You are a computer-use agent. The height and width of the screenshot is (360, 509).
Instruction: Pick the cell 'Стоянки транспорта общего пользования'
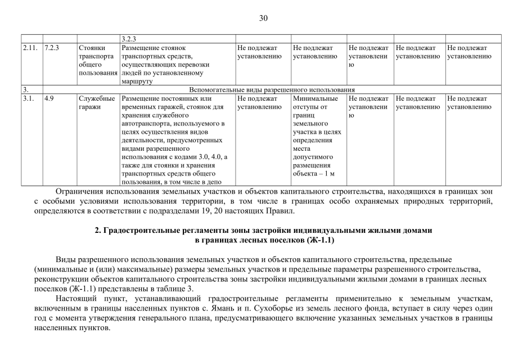coord(98,61)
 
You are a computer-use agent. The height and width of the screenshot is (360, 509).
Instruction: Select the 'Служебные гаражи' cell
coord(98,102)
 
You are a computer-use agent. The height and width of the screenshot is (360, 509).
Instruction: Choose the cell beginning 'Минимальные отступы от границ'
coord(318,136)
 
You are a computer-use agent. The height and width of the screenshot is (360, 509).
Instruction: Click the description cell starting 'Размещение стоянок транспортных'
coord(177,64)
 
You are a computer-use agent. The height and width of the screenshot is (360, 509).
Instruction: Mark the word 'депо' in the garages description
coord(211,182)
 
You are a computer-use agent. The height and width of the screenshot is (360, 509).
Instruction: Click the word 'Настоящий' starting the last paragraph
coord(77,298)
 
